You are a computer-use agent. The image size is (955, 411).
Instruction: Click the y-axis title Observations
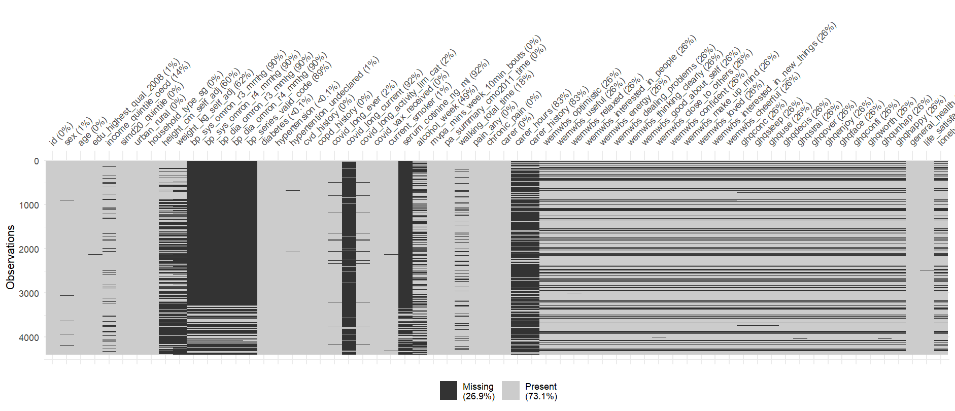10,257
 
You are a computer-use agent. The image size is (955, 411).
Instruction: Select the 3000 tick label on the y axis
29,294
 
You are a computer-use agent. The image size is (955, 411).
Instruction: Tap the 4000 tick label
29,338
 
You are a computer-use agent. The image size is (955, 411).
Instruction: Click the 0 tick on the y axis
36,161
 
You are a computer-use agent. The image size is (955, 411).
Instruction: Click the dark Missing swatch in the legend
449,391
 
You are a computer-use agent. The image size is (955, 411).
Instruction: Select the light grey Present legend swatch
511,391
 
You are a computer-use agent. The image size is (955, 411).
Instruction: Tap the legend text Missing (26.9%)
478,391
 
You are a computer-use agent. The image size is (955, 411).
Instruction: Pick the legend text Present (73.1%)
541,391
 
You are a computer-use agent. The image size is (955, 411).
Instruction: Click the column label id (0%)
61,134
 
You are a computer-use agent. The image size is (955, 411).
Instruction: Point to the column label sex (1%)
78,131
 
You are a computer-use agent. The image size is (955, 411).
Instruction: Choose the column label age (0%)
92,131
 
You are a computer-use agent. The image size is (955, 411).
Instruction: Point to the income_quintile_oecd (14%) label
148,104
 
